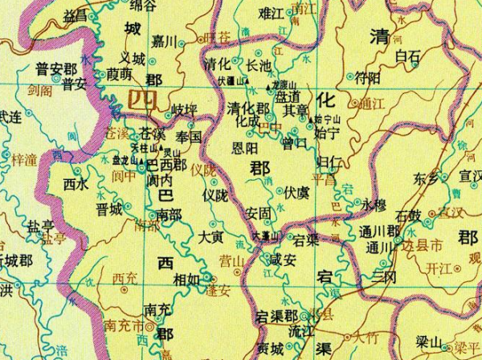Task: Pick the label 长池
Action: pos(257,66)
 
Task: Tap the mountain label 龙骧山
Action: pos(285,83)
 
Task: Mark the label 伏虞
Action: pos(297,192)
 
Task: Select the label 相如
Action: pos(186,279)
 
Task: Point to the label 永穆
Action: pos(374,204)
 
